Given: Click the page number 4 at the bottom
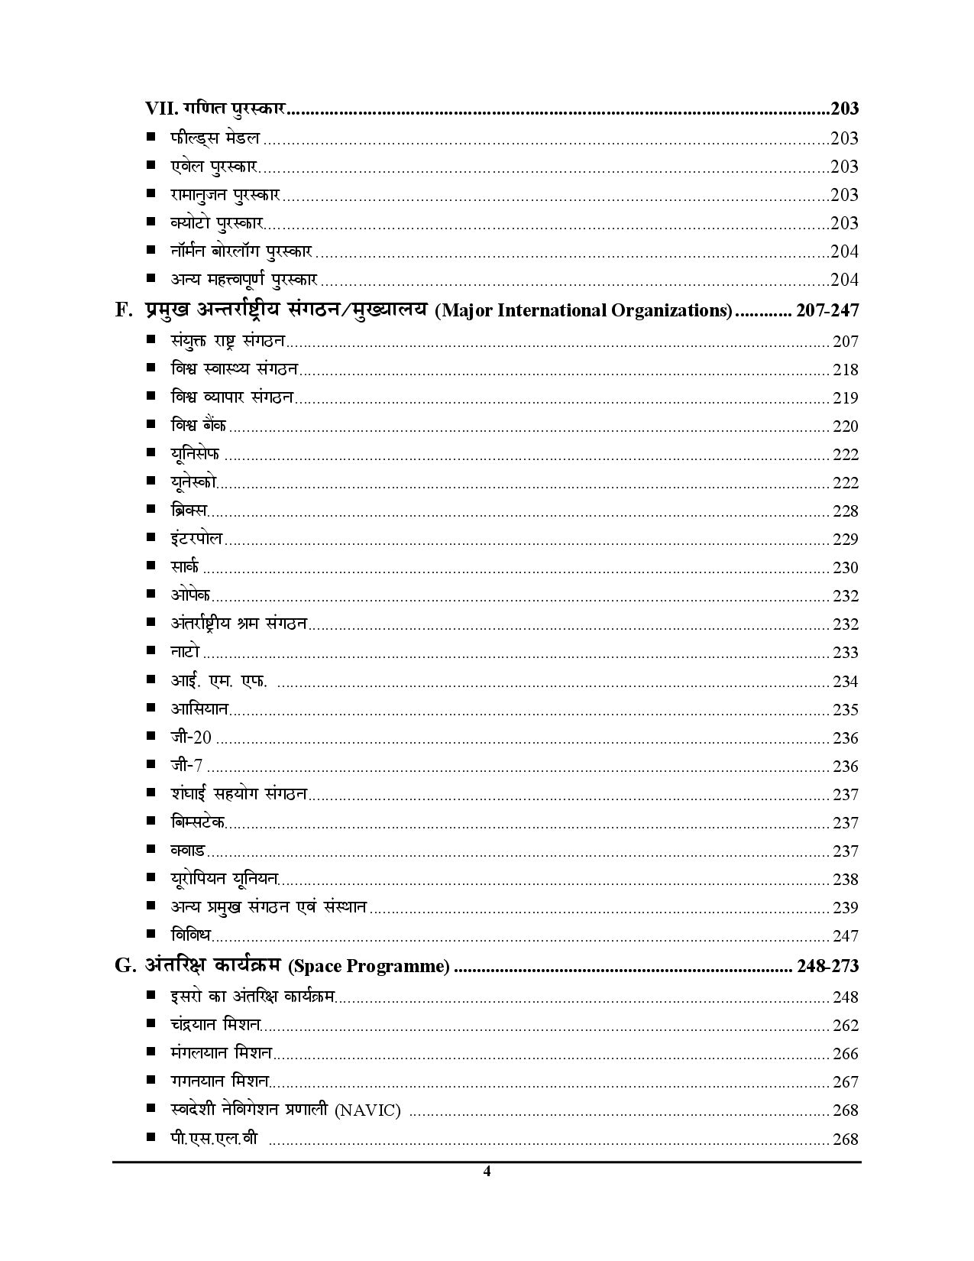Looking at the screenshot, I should [x=487, y=1172].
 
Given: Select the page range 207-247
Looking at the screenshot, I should [x=827, y=310].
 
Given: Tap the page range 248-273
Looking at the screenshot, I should [x=827, y=966].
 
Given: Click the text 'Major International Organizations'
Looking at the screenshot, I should [x=584, y=311].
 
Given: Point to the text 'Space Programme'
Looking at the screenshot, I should [x=368, y=967].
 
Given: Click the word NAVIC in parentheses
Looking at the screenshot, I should [x=367, y=1110].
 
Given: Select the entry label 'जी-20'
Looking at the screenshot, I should [x=191, y=737].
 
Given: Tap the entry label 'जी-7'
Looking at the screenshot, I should [x=186, y=766].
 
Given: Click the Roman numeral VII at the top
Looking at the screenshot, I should [x=161, y=109].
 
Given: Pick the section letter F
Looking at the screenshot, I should [x=121, y=310].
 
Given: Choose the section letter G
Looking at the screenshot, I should [x=123, y=966].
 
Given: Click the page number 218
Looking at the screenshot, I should [x=845, y=370].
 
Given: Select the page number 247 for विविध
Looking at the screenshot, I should [x=845, y=936].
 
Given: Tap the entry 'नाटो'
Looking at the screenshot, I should [x=185, y=652].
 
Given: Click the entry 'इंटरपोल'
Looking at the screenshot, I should [x=196, y=539].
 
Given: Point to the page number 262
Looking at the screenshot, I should [x=845, y=1026].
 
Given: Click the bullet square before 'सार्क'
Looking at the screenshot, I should [x=151, y=566].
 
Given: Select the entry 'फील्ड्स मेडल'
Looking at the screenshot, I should [x=215, y=138].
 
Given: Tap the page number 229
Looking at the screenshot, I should [x=845, y=540].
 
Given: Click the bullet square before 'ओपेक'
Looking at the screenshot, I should [x=151, y=595].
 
